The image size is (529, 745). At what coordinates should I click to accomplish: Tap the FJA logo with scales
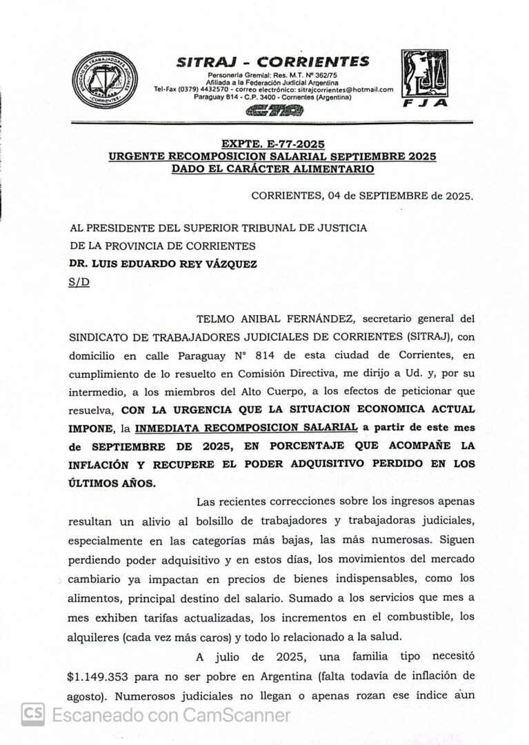tap(425, 79)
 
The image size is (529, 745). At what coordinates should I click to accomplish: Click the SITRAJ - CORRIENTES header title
tap(273, 61)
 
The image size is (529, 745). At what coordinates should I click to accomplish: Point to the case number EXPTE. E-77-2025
tap(272, 145)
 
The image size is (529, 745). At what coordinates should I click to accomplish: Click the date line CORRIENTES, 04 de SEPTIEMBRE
tap(362, 195)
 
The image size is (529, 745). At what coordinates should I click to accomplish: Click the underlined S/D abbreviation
tap(79, 281)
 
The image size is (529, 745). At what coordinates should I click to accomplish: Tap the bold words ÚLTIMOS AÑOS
tap(112, 483)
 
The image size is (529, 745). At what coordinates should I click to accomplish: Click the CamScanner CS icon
tap(32, 715)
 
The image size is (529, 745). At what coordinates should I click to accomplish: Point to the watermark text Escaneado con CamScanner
tap(171, 715)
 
